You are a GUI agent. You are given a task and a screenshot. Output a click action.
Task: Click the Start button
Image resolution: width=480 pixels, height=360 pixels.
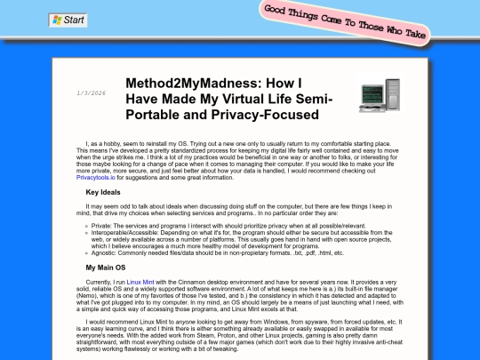[x=68, y=19]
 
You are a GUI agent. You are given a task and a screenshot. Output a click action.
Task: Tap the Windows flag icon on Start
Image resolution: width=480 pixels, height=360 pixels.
[x=57, y=19]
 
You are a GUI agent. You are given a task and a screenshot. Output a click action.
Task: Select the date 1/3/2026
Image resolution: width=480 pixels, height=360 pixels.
[x=92, y=92]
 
